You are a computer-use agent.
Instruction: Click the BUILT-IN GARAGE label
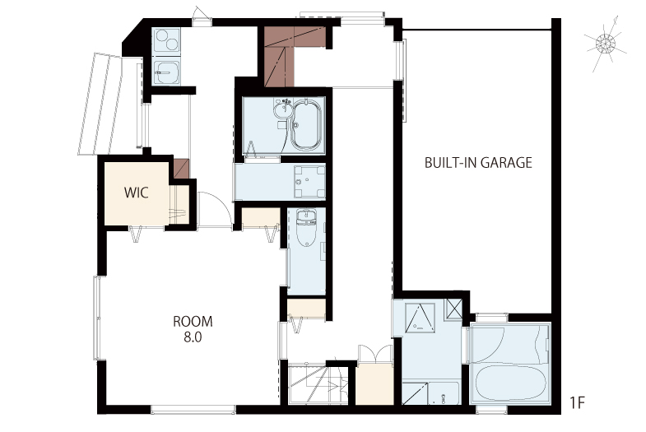(478, 163)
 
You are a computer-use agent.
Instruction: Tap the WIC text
(137, 193)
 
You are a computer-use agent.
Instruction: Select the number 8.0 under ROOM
(193, 337)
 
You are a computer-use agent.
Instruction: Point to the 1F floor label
(578, 402)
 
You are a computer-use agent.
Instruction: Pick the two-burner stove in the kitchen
(166, 41)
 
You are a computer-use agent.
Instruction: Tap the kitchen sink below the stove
(166, 73)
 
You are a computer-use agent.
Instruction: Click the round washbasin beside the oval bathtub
(283, 109)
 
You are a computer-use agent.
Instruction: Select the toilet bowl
(306, 228)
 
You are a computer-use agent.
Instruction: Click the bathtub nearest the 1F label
(509, 383)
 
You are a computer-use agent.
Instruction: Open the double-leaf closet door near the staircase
(374, 354)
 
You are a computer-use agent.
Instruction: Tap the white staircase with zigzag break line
(318, 384)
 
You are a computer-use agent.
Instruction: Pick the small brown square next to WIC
(181, 169)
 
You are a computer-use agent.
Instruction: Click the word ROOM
(193, 321)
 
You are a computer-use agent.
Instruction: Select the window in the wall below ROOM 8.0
(193, 409)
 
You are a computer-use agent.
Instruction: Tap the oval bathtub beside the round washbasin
(306, 124)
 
